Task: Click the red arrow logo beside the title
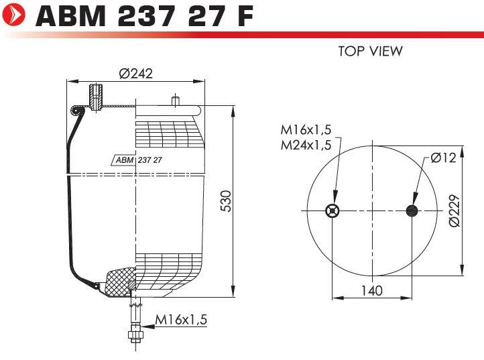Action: tap(14, 15)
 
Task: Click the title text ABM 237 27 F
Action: tap(145, 15)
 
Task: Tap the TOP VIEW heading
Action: tap(371, 51)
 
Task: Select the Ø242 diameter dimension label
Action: tap(136, 74)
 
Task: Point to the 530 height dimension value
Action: tap(226, 201)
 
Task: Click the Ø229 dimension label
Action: tap(455, 211)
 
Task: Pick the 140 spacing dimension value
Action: tap(372, 290)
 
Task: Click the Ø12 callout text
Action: tap(443, 158)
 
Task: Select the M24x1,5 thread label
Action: tap(306, 145)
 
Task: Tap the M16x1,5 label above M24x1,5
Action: tap(306, 129)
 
